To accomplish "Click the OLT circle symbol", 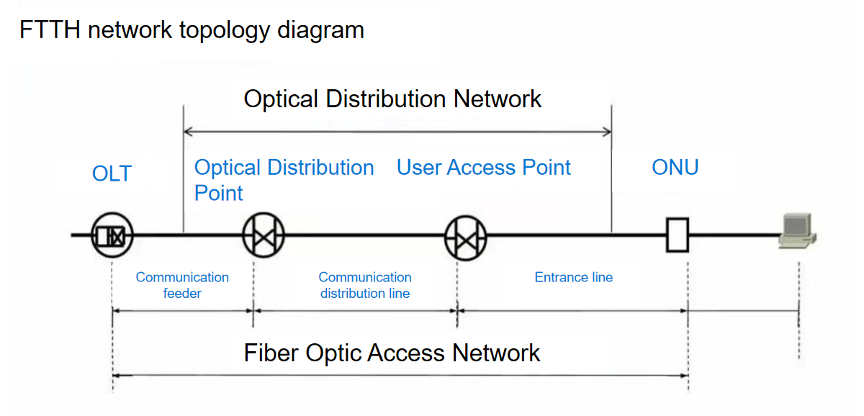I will pos(112,235).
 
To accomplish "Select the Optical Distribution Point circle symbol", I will pos(264,235).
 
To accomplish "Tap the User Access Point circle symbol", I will pos(465,235).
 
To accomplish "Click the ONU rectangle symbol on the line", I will pos(677,235).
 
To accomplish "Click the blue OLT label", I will pos(112,173).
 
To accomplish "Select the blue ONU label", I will pos(675,168).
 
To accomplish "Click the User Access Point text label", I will pos(483,168).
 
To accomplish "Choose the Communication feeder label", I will pos(182,285).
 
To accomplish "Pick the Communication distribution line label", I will pos(365,285).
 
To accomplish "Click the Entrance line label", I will pos(573,277).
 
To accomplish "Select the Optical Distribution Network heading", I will pos(392,99).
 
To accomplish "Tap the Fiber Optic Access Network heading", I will pos(392,353).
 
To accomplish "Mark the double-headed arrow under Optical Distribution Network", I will pos(397,132).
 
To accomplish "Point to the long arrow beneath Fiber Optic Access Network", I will pos(400,375).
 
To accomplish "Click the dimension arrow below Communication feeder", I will pos(182,311).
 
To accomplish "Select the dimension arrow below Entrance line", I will pos(573,311).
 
